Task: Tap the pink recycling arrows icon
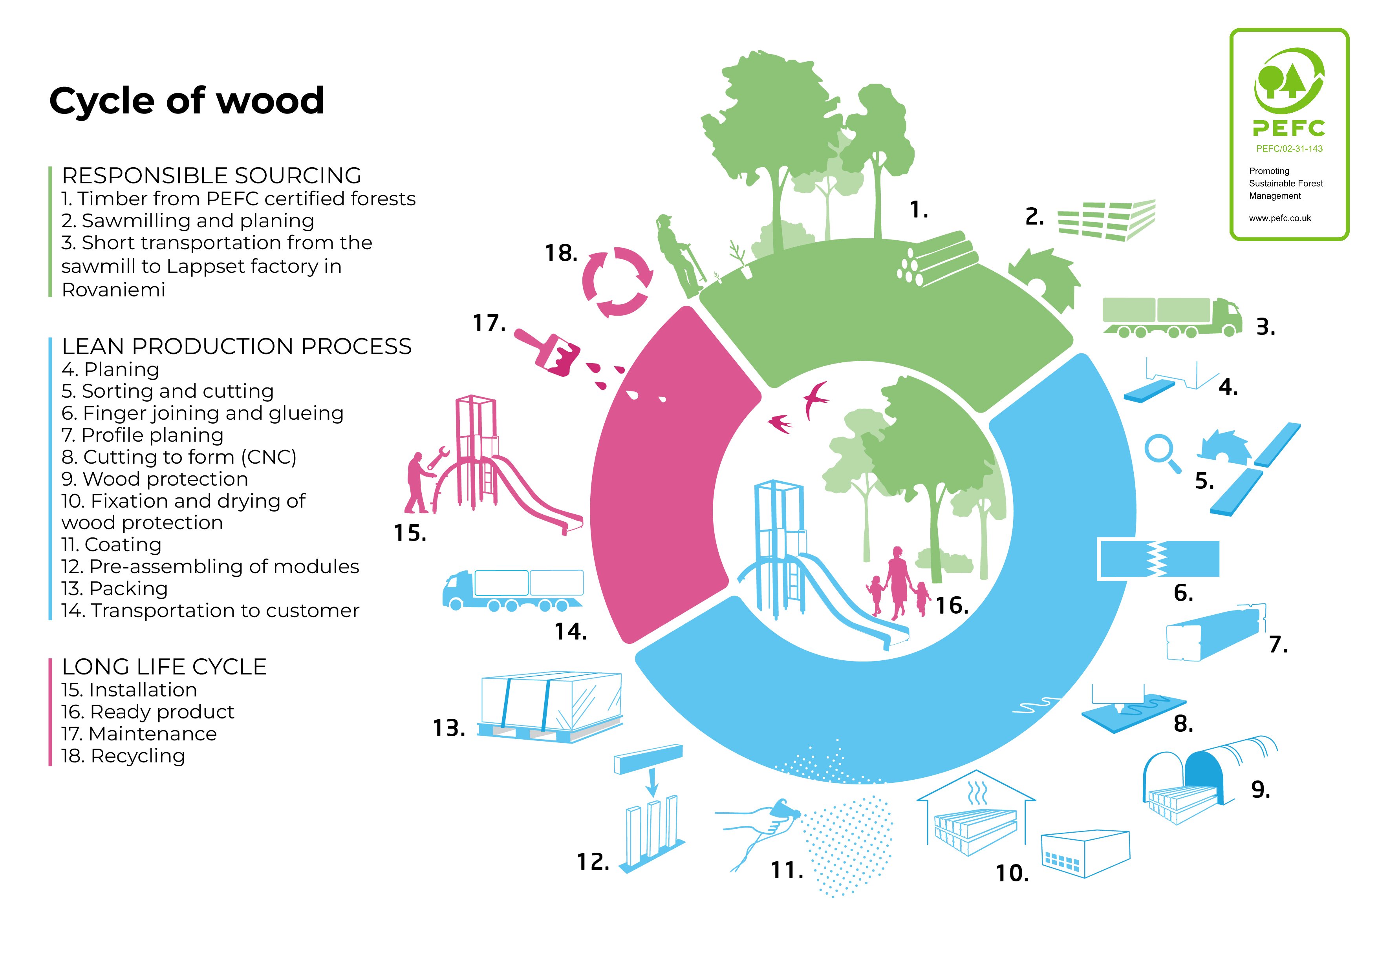618,282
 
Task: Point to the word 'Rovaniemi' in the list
113,290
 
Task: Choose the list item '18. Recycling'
123,756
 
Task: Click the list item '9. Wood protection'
155,479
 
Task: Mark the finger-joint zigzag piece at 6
1158,559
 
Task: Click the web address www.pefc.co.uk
1279,218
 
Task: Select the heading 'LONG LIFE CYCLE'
164,667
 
